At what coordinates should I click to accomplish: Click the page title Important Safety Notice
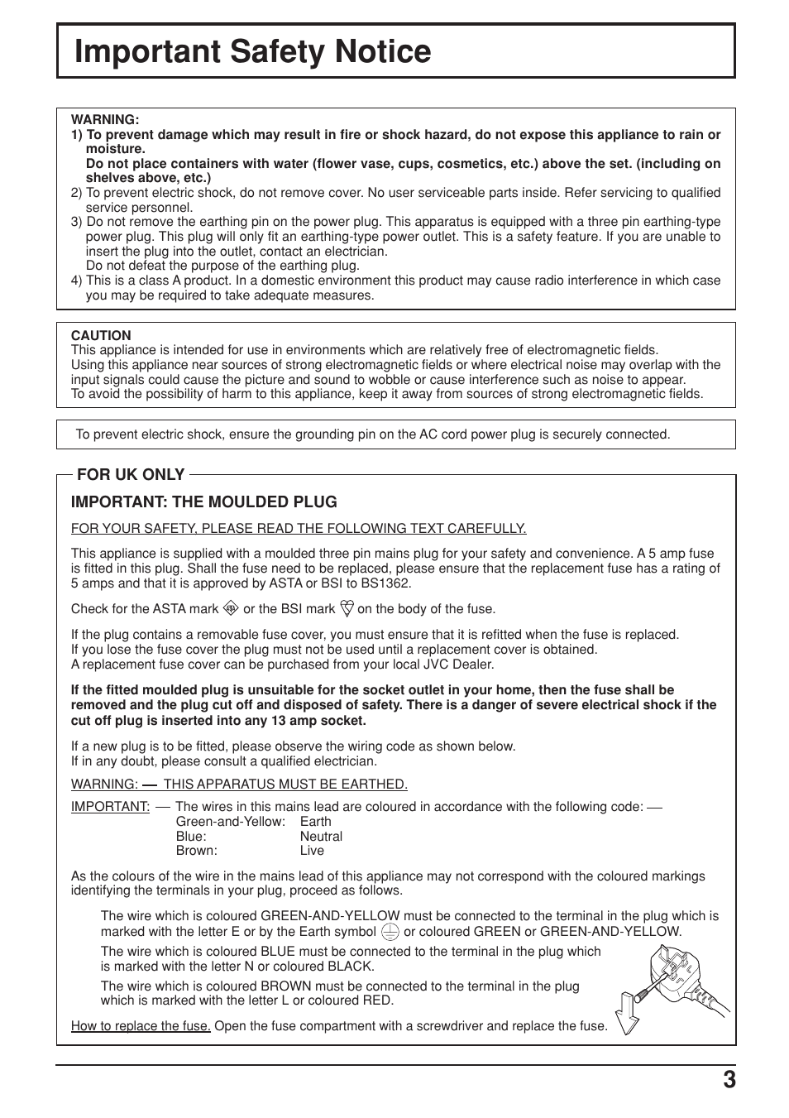click(x=252, y=51)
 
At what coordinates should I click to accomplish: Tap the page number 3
click(x=728, y=1081)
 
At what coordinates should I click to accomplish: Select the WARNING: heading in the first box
click(x=105, y=120)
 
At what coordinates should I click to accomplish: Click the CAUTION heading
click(x=101, y=335)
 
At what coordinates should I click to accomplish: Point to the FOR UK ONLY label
click(x=131, y=474)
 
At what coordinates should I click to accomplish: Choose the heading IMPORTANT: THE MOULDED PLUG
click(x=204, y=501)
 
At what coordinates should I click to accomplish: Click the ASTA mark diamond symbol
click(x=231, y=609)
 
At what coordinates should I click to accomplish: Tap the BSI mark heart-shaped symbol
click(x=347, y=609)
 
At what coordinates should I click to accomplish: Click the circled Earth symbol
click(x=390, y=932)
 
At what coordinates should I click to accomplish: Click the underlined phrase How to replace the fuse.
click(x=141, y=1026)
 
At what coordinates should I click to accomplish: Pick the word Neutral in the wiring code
click(x=321, y=836)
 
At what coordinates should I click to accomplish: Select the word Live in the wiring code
click(x=312, y=851)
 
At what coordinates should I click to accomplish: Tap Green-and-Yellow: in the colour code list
click(x=230, y=822)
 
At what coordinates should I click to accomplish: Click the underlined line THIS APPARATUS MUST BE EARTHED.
click(x=285, y=785)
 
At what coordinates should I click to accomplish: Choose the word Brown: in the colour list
click(x=196, y=851)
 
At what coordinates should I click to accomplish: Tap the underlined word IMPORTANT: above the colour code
click(x=110, y=807)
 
